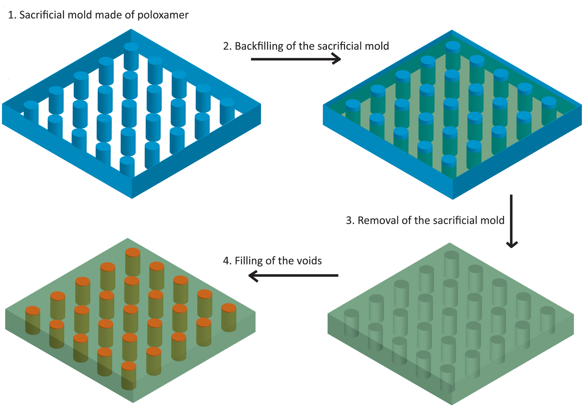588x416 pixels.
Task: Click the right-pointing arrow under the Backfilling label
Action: click(296, 59)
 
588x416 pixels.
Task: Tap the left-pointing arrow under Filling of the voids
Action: click(293, 275)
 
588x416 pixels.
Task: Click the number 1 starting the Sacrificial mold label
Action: click(11, 15)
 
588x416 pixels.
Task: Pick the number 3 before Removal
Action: click(349, 221)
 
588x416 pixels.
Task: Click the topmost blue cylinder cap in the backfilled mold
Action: click(453, 46)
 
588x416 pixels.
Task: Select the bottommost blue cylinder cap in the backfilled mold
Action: click(449, 160)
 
